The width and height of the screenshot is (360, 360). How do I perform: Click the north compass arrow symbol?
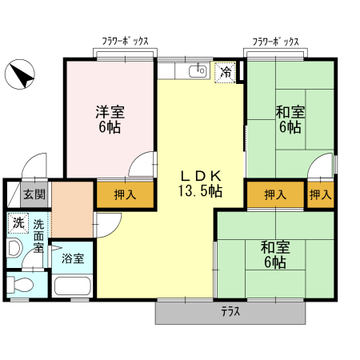coord(21,76)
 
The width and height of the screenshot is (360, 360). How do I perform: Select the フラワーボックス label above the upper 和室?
coord(276,42)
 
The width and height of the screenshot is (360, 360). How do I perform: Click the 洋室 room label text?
coord(110,119)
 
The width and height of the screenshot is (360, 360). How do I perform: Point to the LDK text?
coord(199,177)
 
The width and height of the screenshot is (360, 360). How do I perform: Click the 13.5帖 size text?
coord(199,192)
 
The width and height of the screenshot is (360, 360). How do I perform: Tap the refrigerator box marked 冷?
coord(226,72)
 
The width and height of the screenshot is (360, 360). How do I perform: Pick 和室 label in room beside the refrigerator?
coord(290,119)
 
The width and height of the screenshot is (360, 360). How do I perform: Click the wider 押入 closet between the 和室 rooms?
coord(275,194)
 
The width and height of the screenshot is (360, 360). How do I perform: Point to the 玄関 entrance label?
coord(34,194)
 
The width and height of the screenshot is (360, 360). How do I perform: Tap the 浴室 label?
coord(73,259)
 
